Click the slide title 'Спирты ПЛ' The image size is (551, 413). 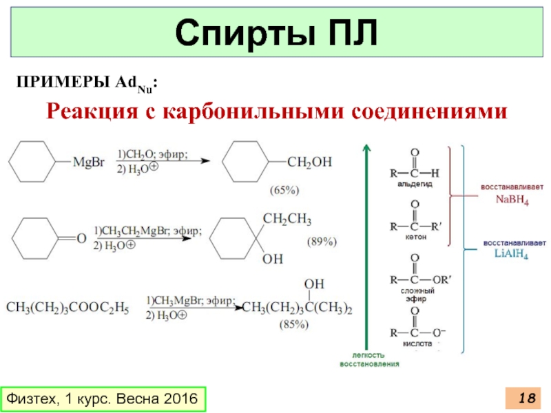pos(275,33)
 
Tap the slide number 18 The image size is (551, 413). pos(527,398)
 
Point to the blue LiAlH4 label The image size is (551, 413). pos(512,253)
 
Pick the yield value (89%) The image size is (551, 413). pos(320,242)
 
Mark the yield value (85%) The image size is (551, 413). pos(293,325)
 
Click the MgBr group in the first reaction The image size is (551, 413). pos(90,162)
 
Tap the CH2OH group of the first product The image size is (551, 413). pos(309,162)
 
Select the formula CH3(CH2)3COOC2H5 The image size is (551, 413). pos(67,307)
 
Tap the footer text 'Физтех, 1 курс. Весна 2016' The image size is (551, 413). pos(103,399)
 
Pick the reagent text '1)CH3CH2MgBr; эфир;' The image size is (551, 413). pos(148,231)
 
